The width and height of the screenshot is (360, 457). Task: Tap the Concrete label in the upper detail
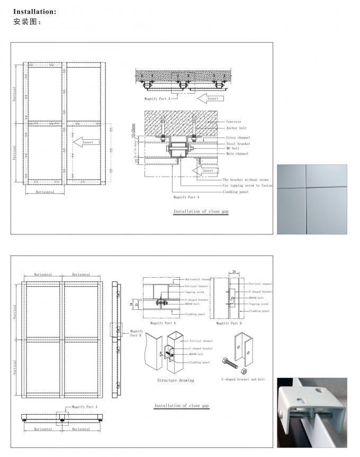point(234,122)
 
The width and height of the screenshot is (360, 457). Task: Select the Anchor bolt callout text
point(236,128)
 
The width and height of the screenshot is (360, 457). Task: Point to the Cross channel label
point(238,138)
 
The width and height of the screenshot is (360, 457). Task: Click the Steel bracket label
point(238,143)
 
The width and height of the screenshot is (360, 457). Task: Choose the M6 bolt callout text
point(233,149)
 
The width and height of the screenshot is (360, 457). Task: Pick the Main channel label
point(237,154)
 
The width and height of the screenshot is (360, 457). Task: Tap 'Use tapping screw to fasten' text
point(248,186)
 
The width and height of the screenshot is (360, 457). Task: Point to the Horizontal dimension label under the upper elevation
point(45,192)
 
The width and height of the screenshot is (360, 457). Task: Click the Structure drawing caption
point(175,380)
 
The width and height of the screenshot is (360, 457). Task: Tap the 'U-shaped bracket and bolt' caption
point(243,379)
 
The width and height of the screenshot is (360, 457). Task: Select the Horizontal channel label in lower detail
point(198,279)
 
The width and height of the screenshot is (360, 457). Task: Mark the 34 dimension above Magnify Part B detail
point(233,272)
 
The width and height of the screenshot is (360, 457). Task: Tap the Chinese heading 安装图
point(26,22)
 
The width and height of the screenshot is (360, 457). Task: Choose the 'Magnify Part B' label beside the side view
point(136,333)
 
